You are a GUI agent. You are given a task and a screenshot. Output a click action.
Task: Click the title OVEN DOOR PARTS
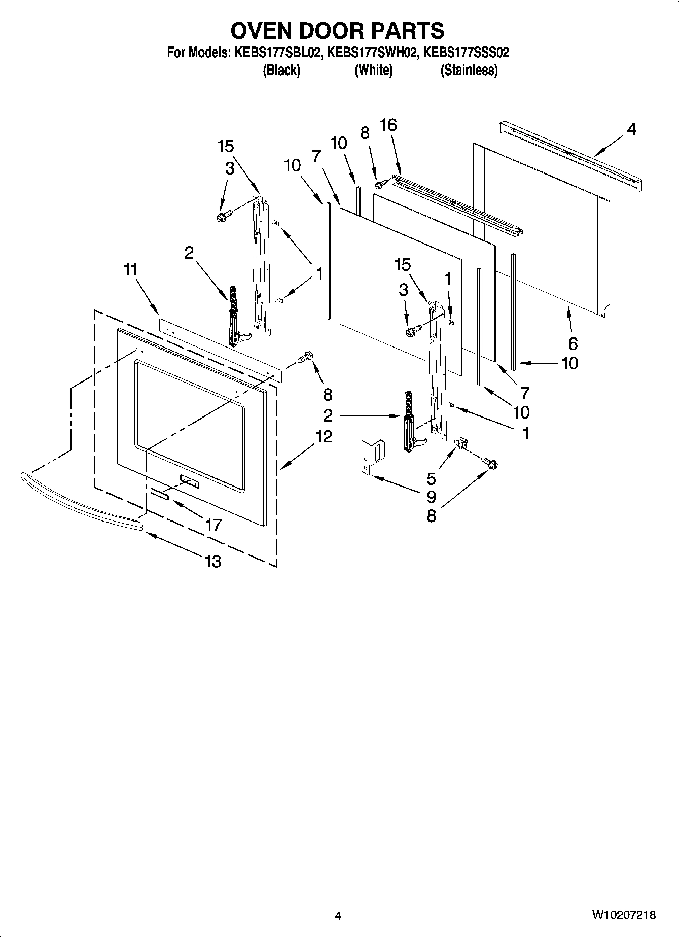337,31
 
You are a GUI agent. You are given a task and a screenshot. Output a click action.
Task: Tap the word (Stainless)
469,70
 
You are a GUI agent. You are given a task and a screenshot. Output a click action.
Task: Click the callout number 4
631,130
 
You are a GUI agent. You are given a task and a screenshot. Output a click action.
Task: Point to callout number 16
388,125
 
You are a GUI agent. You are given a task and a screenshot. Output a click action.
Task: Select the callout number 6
573,344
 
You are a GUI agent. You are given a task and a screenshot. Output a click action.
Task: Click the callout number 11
131,270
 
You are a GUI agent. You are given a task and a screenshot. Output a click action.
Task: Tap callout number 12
324,436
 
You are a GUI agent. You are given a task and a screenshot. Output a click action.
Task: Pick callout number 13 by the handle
213,562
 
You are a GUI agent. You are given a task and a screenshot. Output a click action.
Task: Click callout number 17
213,525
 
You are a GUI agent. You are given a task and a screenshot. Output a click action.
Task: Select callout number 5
431,478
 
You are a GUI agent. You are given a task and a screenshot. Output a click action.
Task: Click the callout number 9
431,497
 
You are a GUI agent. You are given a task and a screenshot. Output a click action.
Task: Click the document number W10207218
623,915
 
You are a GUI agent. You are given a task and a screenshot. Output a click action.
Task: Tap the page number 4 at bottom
338,916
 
